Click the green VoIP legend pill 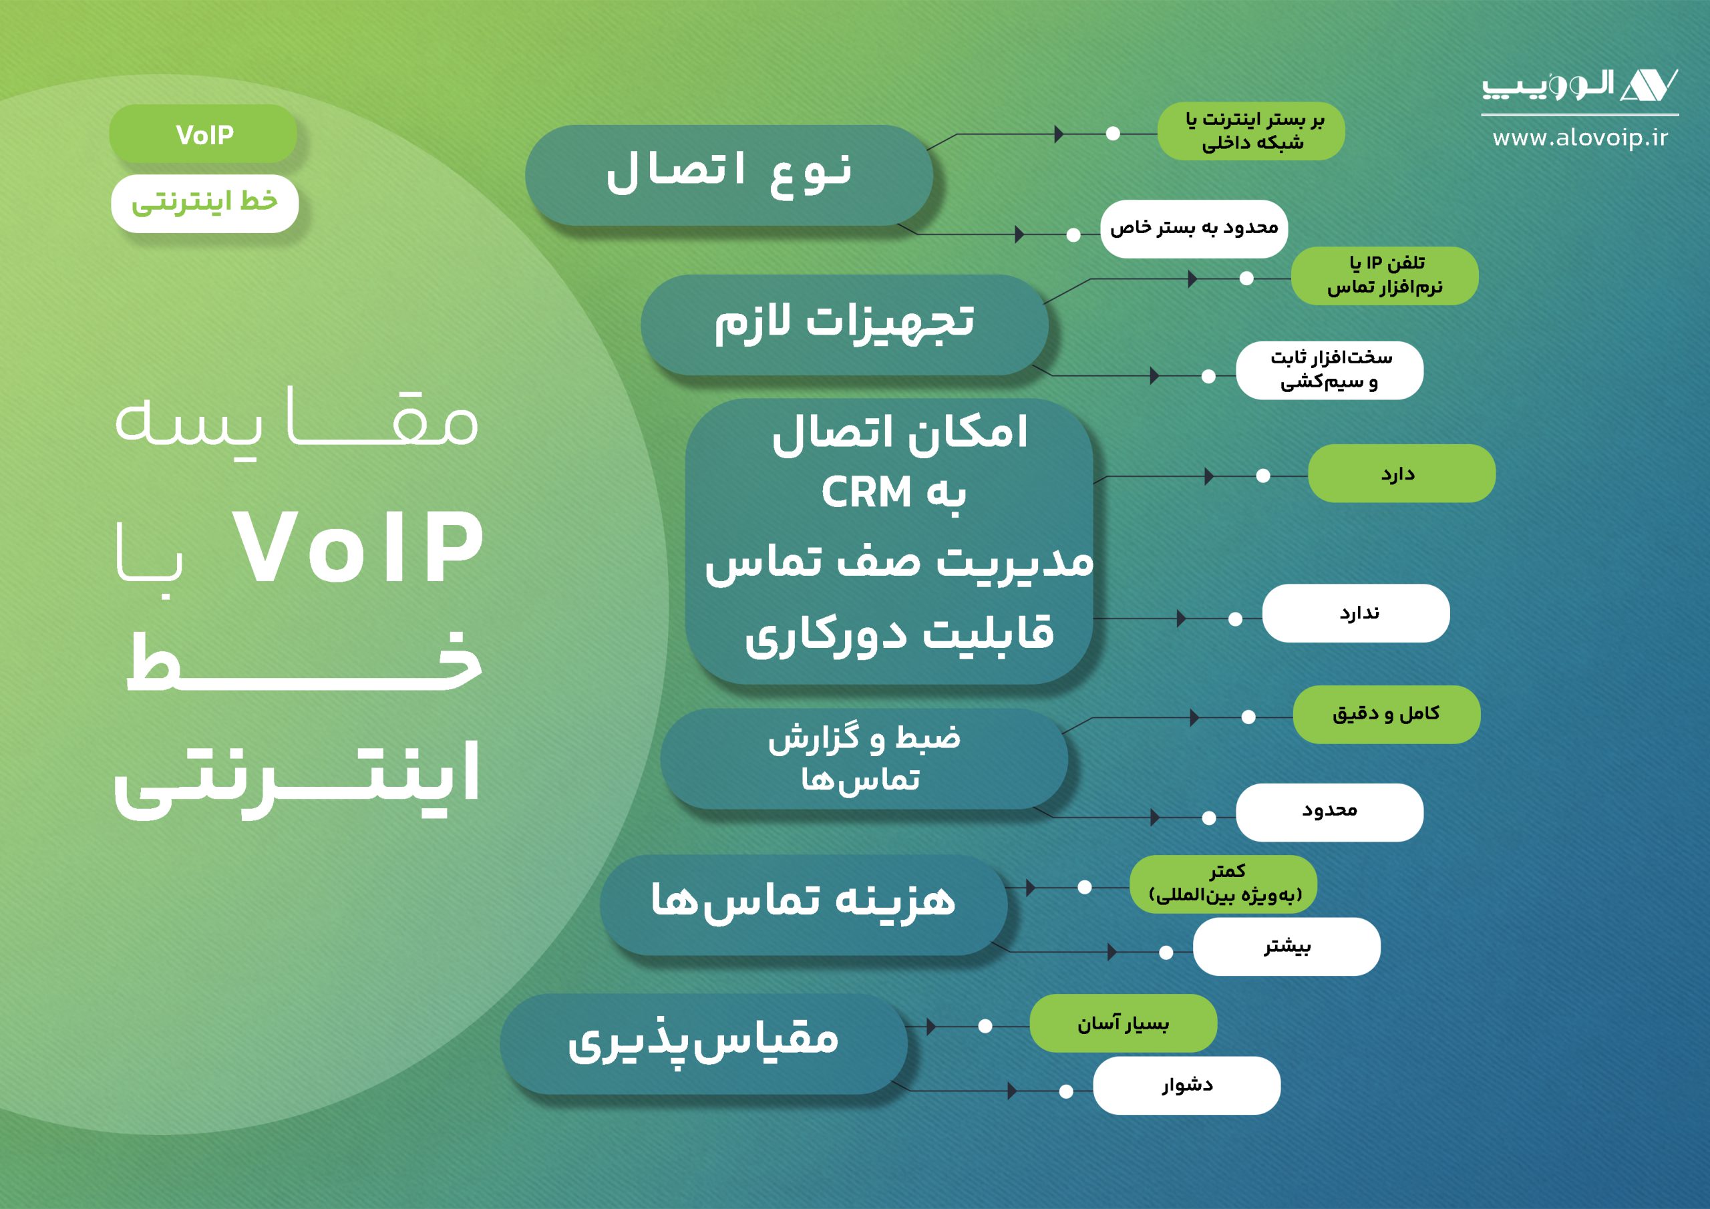[x=203, y=134]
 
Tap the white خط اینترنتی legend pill [x=205, y=203]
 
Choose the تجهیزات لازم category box [x=844, y=325]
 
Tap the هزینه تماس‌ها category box [x=804, y=904]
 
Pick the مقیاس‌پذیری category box [x=704, y=1043]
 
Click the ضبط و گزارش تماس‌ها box [x=864, y=758]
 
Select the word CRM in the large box [x=866, y=492]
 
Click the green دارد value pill [x=1401, y=473]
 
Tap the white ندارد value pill [x=1356, y=613]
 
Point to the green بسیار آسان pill [x=1123, y=1023]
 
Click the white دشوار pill [x=1187, y=1085]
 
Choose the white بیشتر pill [x=1287, y=946]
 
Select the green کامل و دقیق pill [x=1387, y=714]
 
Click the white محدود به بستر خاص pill [x=1194, y=228]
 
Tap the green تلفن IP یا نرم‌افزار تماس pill [x=1385, y=276]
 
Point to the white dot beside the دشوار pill [x=1066, y=1091]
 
